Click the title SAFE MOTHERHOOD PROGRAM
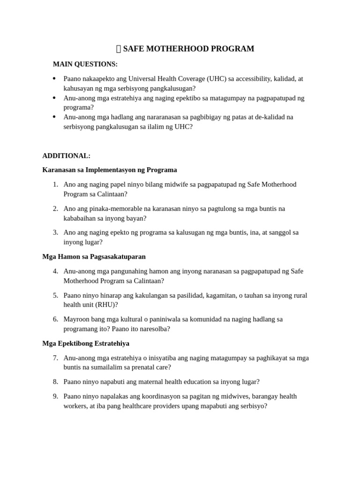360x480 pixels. [188, 49]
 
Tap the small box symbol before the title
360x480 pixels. [119, 49]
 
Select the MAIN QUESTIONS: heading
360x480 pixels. [85, 64]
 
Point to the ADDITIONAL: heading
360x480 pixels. [67, 156]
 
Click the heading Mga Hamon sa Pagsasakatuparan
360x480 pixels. [94, 256]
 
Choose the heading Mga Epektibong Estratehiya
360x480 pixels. [86, 343]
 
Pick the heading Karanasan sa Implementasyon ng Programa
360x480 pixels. [110, 170]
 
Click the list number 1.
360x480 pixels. [55, 184]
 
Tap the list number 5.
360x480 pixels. [55, 295]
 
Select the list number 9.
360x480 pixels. [55, 396]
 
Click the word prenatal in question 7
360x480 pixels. [142, 367]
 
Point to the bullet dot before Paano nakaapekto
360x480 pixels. [54, 79]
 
